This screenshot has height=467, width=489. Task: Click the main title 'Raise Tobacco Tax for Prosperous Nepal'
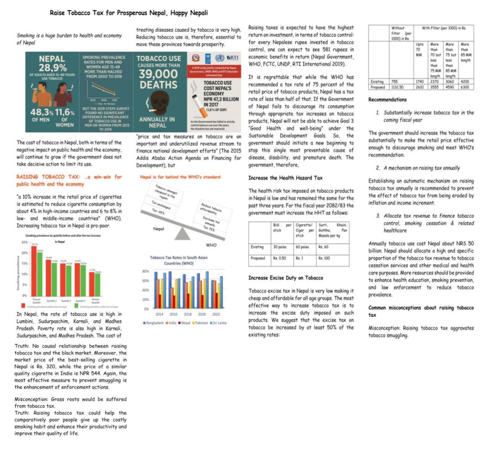pos(129,13)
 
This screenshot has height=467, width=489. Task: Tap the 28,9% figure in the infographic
pos(52,68)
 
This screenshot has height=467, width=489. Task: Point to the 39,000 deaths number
pos(158,74)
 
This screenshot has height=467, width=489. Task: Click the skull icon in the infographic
pos(158,103)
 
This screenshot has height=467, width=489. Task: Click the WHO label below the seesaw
pos(211,245)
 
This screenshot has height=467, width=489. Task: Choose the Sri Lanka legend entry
pos(218,323)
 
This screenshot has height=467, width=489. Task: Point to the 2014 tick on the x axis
pos(159,314)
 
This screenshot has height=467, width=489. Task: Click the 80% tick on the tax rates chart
pos(145,271)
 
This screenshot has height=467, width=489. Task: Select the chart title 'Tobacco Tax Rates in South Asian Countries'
pos(178,260)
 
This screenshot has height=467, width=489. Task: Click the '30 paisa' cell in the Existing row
pos(279,247)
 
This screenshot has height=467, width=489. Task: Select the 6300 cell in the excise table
pos(465,87)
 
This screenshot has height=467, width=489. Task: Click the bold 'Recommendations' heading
pos(387,100)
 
